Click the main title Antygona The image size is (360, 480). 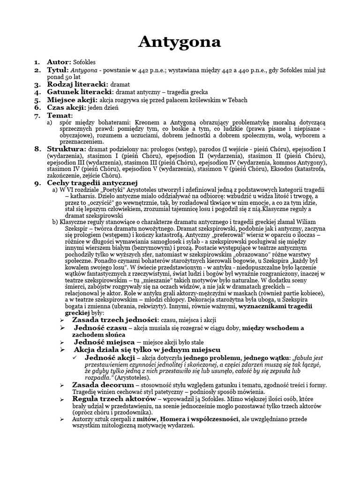click(180, 42)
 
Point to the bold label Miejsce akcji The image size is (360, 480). click(72, 100)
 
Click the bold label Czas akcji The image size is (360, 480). click(67, 108)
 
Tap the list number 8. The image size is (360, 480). click(38, 149)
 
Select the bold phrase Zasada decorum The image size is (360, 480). click(100, 385)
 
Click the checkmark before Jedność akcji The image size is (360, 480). click(77, 358)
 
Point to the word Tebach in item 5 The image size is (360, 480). click(237, 100)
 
